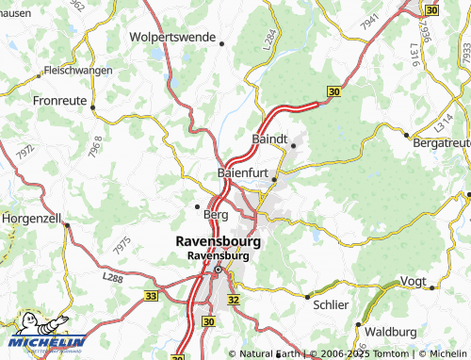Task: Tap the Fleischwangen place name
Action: tap(78, 71)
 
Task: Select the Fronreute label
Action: tap(60, 98)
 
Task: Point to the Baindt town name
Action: tap(269, 139)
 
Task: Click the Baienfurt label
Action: tap(243, 173)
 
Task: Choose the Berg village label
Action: tap(216, 214)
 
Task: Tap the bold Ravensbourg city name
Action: tap(219, 240)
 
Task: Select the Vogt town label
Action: tap(414, 282)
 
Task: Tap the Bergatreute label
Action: tap(441, 141)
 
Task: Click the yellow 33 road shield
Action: tap(152, 295)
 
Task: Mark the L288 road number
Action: tap(113, 277)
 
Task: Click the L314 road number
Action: tap(444, 123)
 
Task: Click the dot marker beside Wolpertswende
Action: tap(221, 43)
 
